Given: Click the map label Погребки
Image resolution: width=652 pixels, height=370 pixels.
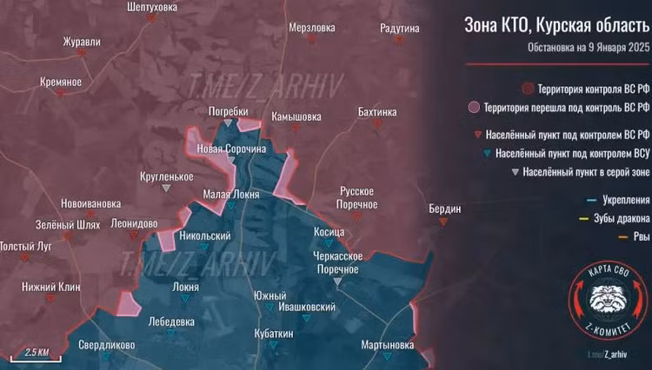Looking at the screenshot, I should (x=229, y=111).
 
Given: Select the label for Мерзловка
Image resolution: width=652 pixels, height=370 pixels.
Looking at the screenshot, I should (x=312, y=28).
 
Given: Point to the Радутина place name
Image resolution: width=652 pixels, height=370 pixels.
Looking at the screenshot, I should (x=400, y=28).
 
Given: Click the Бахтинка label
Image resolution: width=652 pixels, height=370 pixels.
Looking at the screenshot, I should (x=376, y=112).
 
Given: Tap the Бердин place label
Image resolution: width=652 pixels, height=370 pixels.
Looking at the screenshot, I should (x=444, y=208).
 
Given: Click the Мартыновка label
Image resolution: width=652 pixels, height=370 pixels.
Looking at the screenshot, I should (x=387, y=345).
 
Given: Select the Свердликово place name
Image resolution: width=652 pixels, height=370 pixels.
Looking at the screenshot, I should (x=106, y=345).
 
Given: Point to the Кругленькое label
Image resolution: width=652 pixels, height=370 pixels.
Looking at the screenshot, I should (x=166, y=176).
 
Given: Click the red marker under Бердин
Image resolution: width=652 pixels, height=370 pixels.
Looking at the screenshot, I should (x=444, y=221).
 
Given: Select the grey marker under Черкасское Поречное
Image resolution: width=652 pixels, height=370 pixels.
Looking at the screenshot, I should (x=339, y=282).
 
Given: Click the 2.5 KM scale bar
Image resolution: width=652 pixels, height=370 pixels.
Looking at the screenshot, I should (x=35, y=354).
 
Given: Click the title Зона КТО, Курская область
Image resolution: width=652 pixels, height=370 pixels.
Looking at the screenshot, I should (x=556, y=25).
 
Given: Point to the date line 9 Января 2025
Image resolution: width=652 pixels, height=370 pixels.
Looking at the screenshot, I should (x=589, y=48).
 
